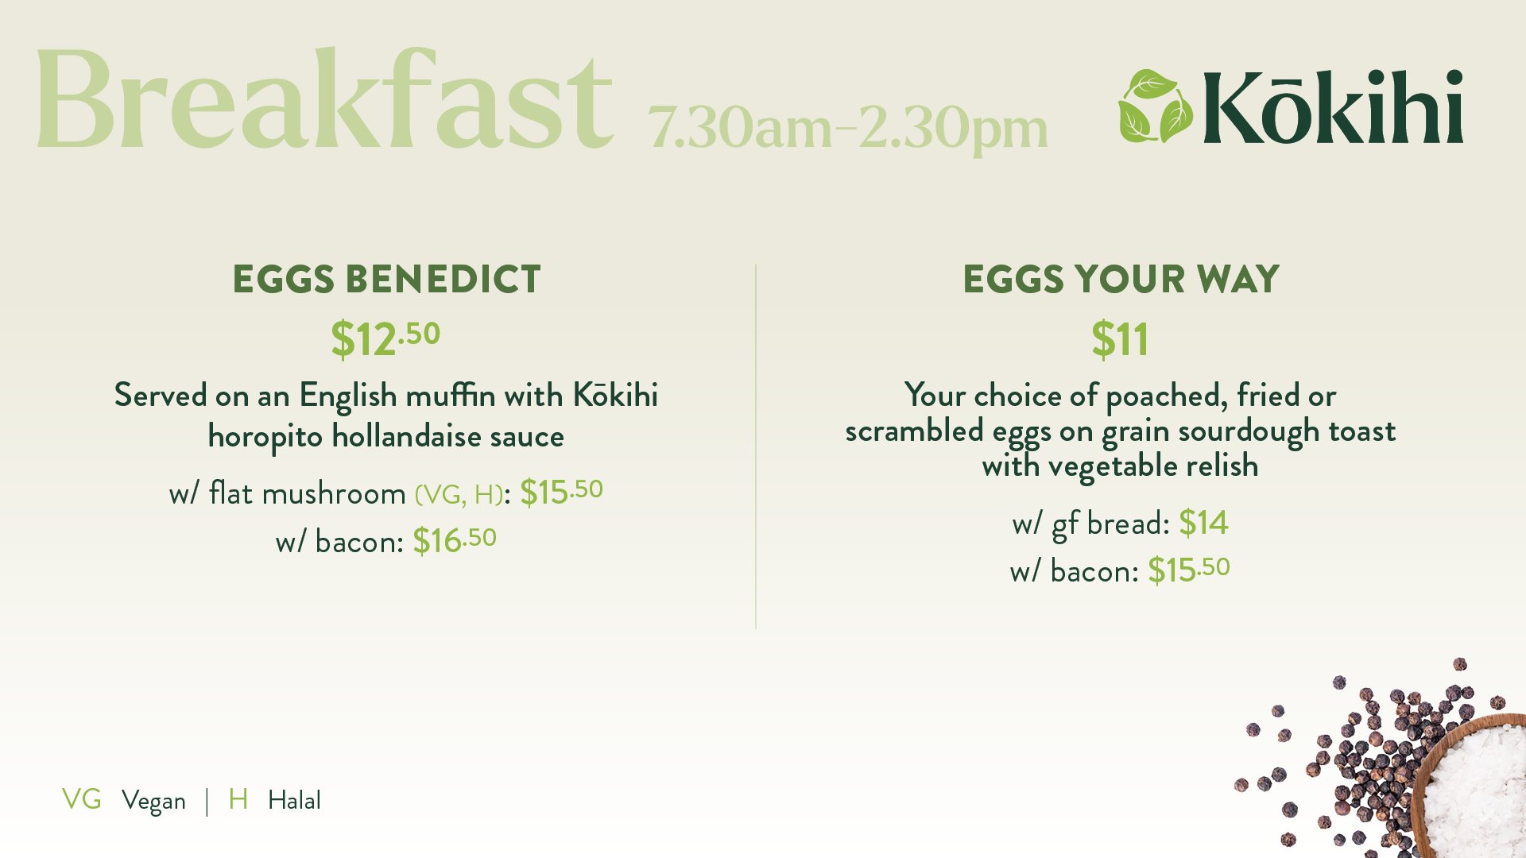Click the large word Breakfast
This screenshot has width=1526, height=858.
coord(324,99)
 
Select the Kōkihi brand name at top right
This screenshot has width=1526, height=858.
coord(1333,106)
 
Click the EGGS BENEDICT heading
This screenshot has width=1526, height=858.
coord(386,280)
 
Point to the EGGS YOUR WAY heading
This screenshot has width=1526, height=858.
coord(1121,280)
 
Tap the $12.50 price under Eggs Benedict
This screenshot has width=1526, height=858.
coord(385,339)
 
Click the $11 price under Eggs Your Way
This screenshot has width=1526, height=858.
coord(1120,339)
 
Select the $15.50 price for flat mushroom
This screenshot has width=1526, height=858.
coord(561,492)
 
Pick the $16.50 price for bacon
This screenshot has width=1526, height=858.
coord(455,540)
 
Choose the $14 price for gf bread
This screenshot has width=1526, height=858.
coord(1203,523)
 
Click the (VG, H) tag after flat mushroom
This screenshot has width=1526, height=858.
coord(459,495)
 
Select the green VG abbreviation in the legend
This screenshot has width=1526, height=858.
coord(82,799)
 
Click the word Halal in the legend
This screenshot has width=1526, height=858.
coord(294,800)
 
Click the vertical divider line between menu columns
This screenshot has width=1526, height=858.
coord(756,446)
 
